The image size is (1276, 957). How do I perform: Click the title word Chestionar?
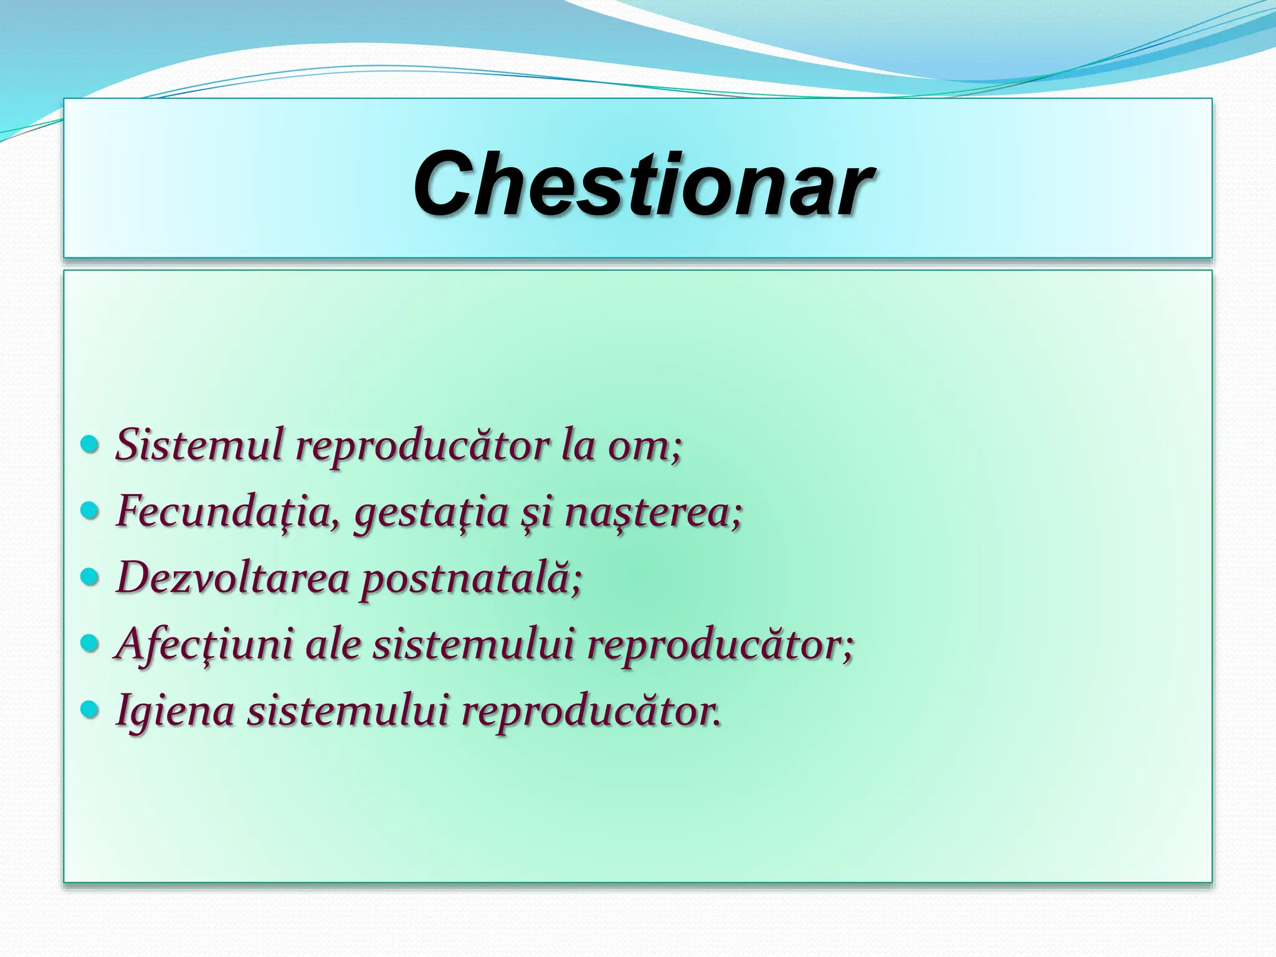click(x=643, y=184)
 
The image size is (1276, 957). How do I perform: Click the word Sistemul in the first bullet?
click(x=199, y=445)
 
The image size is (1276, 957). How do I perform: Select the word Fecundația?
click(x=228, y=512)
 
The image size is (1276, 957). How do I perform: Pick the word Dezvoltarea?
click(x=233, y=578)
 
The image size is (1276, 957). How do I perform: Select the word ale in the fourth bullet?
click(x=333, y=644)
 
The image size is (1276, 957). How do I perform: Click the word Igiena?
click(x=175, y=712)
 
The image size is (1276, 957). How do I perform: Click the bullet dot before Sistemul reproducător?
click(x=90, y=445)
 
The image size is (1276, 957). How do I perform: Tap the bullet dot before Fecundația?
click(x=90, y=511)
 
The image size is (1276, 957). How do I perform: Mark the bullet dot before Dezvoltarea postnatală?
click(x=90, y=577)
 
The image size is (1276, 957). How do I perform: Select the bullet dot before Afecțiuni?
click(x=90, y=643)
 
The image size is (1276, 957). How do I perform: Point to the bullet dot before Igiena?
click(x=90, y=709)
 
